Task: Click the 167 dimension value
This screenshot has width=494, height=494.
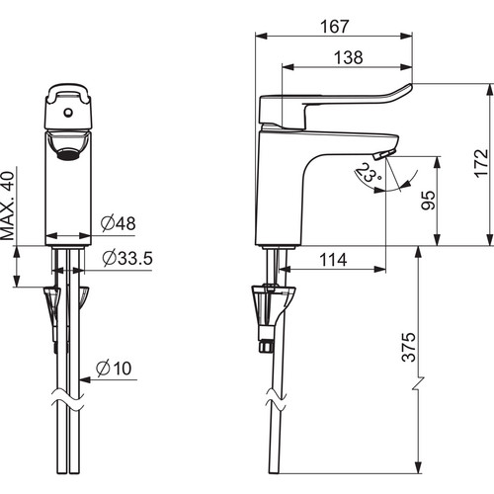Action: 334,27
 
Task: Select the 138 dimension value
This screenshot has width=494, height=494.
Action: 349,57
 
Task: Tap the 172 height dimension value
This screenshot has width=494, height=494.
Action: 481,163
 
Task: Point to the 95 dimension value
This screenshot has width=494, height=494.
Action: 429,200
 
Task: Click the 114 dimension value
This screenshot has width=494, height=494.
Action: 333,260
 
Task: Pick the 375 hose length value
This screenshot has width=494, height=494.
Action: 409,347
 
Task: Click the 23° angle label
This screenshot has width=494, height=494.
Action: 369,173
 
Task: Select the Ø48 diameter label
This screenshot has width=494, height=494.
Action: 118,223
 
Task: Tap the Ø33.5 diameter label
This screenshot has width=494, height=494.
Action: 127,258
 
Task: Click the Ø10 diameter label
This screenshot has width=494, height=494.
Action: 114,369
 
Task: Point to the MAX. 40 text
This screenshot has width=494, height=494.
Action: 8,206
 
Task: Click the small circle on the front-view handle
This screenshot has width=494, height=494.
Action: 68,113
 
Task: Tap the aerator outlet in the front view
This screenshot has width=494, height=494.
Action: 68,153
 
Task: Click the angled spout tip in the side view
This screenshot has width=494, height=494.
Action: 384,154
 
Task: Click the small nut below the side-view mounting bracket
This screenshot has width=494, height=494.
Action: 266,346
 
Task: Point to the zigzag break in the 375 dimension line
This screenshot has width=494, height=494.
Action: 418,384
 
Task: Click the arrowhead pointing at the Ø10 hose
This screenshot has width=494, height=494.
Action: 85,379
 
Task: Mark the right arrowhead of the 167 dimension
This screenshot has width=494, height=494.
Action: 406,36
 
